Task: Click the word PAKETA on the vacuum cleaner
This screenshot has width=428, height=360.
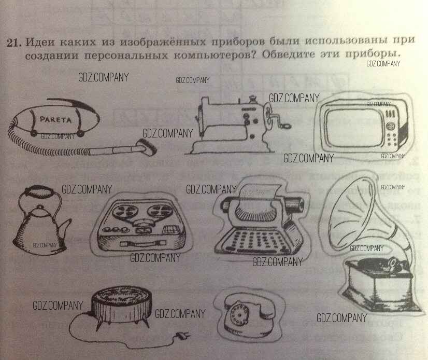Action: pos(55,119)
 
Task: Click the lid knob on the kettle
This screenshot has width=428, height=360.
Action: pos(40,206)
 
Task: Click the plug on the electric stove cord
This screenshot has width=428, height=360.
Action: pos(182,336)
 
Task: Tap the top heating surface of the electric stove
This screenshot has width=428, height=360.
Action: pos(122,295)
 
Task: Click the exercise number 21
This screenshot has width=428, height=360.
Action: pos(13,43)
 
